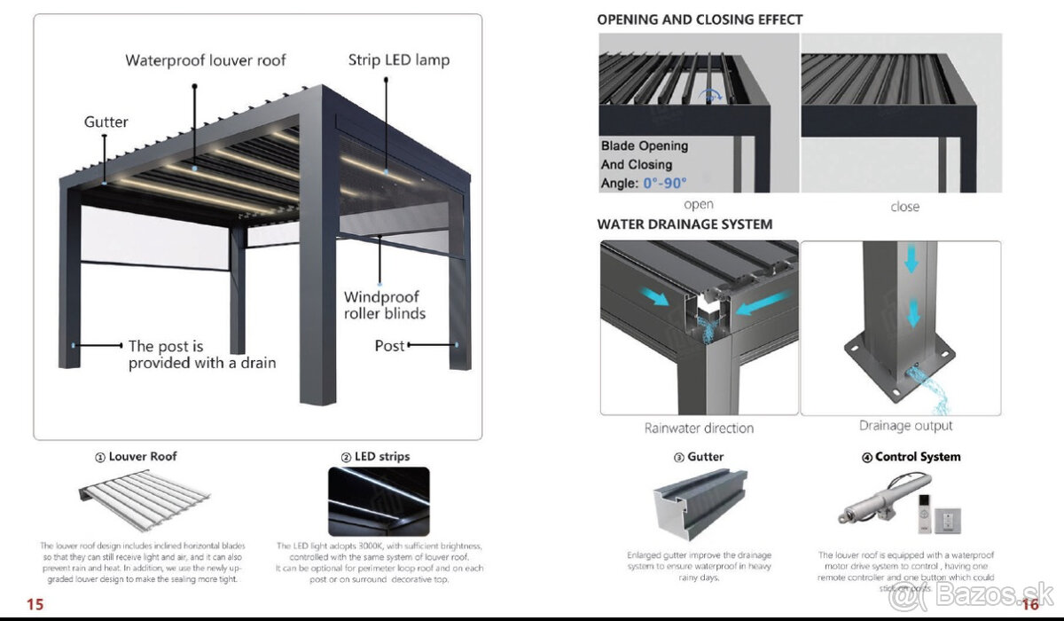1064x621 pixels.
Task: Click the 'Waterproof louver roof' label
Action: [x=206, y=60]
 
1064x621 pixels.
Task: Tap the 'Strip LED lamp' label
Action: [x=398, y=60]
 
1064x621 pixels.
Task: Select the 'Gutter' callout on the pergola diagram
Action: [x=106, y=122]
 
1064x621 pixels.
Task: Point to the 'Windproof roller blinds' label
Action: [x=384, y=305]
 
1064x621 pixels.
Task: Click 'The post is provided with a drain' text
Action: [x=201, y=354]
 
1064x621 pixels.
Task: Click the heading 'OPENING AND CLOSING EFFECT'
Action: [x=700, y=19]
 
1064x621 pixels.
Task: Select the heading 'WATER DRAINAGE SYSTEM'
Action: [x=685, y=224]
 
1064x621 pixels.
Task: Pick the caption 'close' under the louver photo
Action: [x=904, y=207]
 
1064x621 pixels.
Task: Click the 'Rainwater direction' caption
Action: [x=699, y=428]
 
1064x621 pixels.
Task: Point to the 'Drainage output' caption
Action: [x=905, y=426]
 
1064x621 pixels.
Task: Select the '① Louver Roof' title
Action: [x=136, y=457]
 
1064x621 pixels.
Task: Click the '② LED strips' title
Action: [x=375, y=457]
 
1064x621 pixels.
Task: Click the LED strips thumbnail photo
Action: [x=379, y=501]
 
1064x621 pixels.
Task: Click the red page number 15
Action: [x=35, y=604]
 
